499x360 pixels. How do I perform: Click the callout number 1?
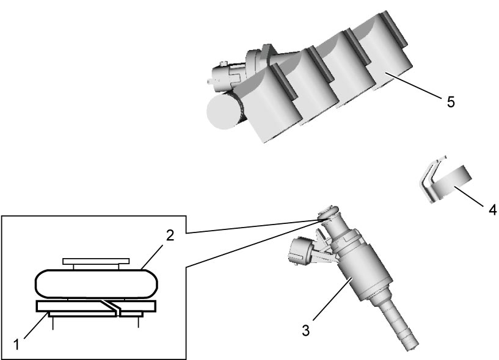click(x=17, y=345)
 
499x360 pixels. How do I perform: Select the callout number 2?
click(x=170, y=236)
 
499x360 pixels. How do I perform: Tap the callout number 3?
click(x=305, y=331)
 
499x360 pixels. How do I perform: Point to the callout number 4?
click(x=492, y=210)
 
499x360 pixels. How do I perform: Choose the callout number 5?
click(x=451, y=102)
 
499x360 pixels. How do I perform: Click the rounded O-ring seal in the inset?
click(x=97, y=284)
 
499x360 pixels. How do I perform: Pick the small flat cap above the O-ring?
click(x=96, y=261)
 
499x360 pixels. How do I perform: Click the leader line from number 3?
click(x=332, y=298)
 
